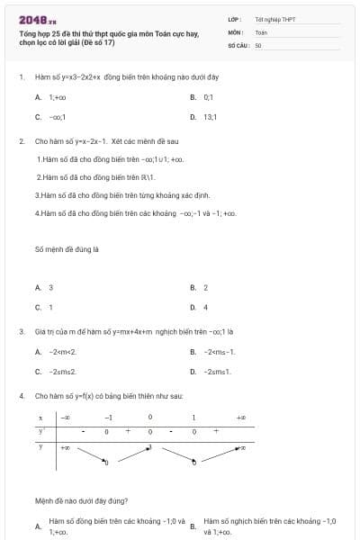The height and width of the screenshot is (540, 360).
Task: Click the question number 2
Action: pyautogui.click(x=21, y=141)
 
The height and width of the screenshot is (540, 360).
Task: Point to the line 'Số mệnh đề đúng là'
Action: pyautogui.click(x=66, y=248)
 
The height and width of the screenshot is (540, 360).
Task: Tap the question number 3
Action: pyautogui.click(x=21, y=331)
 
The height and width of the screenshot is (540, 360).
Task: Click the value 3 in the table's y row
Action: pyautogui.click(x=149, y=446)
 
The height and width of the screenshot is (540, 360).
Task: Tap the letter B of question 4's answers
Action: pyautogui.click(x=193, y=526)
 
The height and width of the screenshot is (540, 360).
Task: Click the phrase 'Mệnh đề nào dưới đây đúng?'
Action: pyautogui.click(x=80, y=500)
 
